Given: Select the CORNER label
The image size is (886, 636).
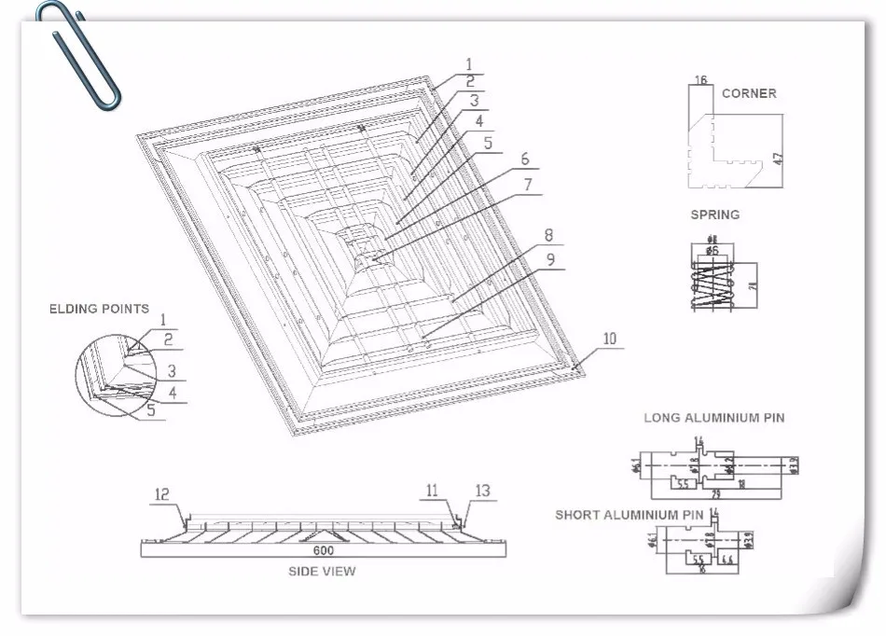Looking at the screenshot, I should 748,93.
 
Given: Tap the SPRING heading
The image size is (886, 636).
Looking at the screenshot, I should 714,214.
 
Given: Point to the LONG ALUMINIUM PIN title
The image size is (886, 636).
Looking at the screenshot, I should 713,418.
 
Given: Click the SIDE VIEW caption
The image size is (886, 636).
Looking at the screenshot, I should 323,571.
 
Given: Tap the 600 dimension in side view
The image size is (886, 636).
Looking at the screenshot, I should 323,550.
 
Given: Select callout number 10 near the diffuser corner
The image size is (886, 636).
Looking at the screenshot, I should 609,339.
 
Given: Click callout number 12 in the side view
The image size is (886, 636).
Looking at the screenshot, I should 162,495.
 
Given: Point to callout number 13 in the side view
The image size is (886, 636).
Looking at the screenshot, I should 482,491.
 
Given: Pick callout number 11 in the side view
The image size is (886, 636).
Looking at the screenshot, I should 431,490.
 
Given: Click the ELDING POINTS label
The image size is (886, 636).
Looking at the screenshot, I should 99,309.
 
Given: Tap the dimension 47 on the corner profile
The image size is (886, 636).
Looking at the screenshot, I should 777,159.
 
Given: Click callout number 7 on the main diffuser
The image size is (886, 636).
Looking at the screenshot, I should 527,185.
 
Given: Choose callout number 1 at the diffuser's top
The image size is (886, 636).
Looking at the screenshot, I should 468,64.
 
